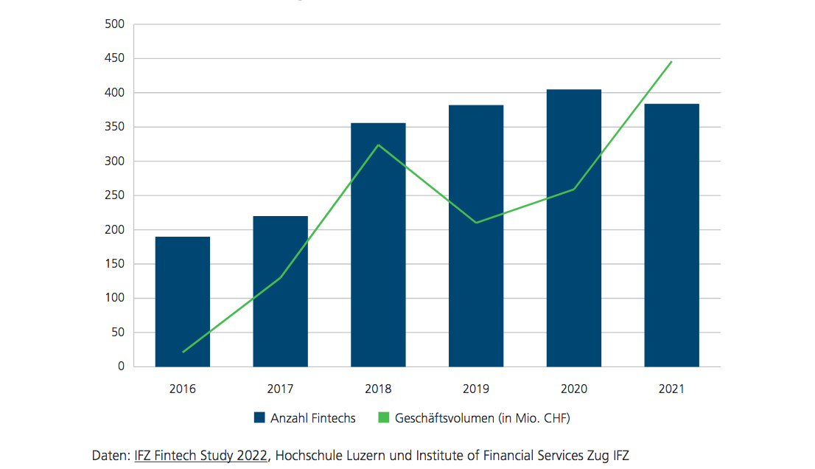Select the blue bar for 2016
(x=182, y=302)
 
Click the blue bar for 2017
(x=280, y=291)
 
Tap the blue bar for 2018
(x=378, y=244)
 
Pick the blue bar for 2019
(x=476, y=236)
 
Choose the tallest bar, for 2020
(x=573, y=228)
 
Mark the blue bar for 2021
(x=671, y=235)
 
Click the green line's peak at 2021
(x=671, y=62)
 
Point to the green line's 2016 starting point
(x=183, y=352)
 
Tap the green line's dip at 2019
(x=476, y=222)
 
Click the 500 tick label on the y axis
(x=116, y=25)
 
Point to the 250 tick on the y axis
(x=116, y=195)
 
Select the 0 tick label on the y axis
(x=121, y=366)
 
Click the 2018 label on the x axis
(x=378, y=389)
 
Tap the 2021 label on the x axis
(x=671, y=389)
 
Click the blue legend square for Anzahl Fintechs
(x=259, y=418)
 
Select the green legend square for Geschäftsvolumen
(x=383, y=418)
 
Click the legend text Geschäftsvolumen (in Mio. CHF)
(x=483, y=418)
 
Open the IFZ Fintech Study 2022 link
(x=200, y=455)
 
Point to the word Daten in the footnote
(x=109, y=455)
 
